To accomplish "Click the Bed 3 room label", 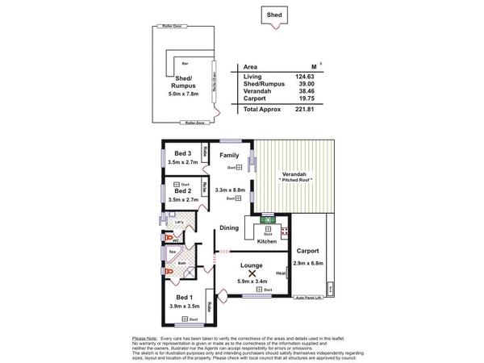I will click(x=182, y=153).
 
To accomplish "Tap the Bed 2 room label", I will click(x=182, y=190).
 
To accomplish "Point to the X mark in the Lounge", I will click(x=252, y=273).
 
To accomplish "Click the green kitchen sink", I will click(x=267, y=219).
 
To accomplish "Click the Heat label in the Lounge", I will click(x=282, y=273).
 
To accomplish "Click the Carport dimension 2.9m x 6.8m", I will click(x=309, y=263).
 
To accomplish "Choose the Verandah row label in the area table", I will click(x=257, y=91).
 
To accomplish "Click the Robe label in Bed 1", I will click(x=208, y=306).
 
